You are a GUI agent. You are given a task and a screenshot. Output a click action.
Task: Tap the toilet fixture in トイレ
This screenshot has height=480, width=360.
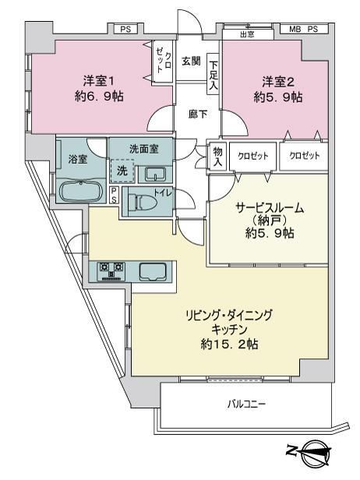pyautogui.click(x=143, y=202)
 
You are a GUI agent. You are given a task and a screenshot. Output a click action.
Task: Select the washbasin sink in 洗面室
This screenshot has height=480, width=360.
pyautogui.click(x=155, y=175)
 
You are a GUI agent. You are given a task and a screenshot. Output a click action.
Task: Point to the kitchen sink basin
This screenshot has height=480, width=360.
pyautogui.click(x=153, y=271)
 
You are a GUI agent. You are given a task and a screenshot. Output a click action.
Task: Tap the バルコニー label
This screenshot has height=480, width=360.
pyautogui.click(x=246, y=404)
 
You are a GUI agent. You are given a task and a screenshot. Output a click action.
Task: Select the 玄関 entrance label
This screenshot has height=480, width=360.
pyautogui.click(x=191, y=61)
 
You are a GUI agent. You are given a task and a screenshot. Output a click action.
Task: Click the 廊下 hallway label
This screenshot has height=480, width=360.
pyautogui.click(x=197, y=114)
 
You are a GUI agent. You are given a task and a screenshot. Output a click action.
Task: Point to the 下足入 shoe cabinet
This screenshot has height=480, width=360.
pyautogui.click(x=214, y=74)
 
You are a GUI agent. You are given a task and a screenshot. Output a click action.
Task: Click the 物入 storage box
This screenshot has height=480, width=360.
pyautogui.click(x=217, y=156)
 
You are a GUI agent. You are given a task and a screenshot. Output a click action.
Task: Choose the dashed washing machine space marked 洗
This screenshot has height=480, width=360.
pyautogui.click(x=122, y=171)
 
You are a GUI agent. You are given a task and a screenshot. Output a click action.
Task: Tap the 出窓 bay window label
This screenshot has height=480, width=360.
pyautogui.click(x=247, y=34)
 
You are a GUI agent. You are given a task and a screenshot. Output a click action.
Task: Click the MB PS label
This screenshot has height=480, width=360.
pyautogui.click(x=304, y=29)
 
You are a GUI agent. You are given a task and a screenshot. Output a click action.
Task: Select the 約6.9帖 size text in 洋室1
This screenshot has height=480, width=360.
pyautogui.click(x=99, y=97)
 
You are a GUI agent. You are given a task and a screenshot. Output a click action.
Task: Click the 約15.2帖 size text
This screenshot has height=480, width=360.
pyautogui.click(x=229, y=344)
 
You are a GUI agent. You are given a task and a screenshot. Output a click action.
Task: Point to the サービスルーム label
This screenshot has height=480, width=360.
pyautogui.click(x=270, y=208)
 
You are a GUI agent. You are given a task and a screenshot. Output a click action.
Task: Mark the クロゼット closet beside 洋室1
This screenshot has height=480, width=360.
pyautogui.click(x=164, y=62)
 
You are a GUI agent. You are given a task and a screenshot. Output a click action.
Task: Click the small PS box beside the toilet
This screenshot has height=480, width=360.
pyautogui.click(x=114, y=195)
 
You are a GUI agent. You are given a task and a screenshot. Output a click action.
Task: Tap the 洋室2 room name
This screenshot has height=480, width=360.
pyautogui.click(x=278, y=82)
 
